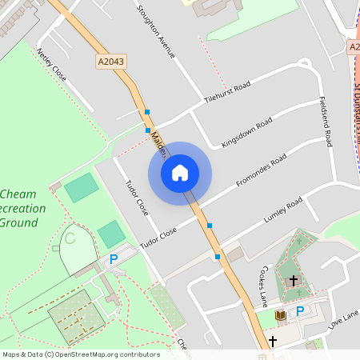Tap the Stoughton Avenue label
tap(155, 32)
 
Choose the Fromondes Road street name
tap(261, 171)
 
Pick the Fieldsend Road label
tap(326, 122)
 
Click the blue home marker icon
tap(180, 174)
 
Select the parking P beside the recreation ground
tap(114, 259)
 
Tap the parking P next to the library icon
tap(300, 311)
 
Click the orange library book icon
tap(280, 316)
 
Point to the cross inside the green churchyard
tap(294, 281)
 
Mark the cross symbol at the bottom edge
tap(273, 342)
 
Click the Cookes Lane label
tap(265, 286)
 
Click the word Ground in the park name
tap(19, 222)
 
